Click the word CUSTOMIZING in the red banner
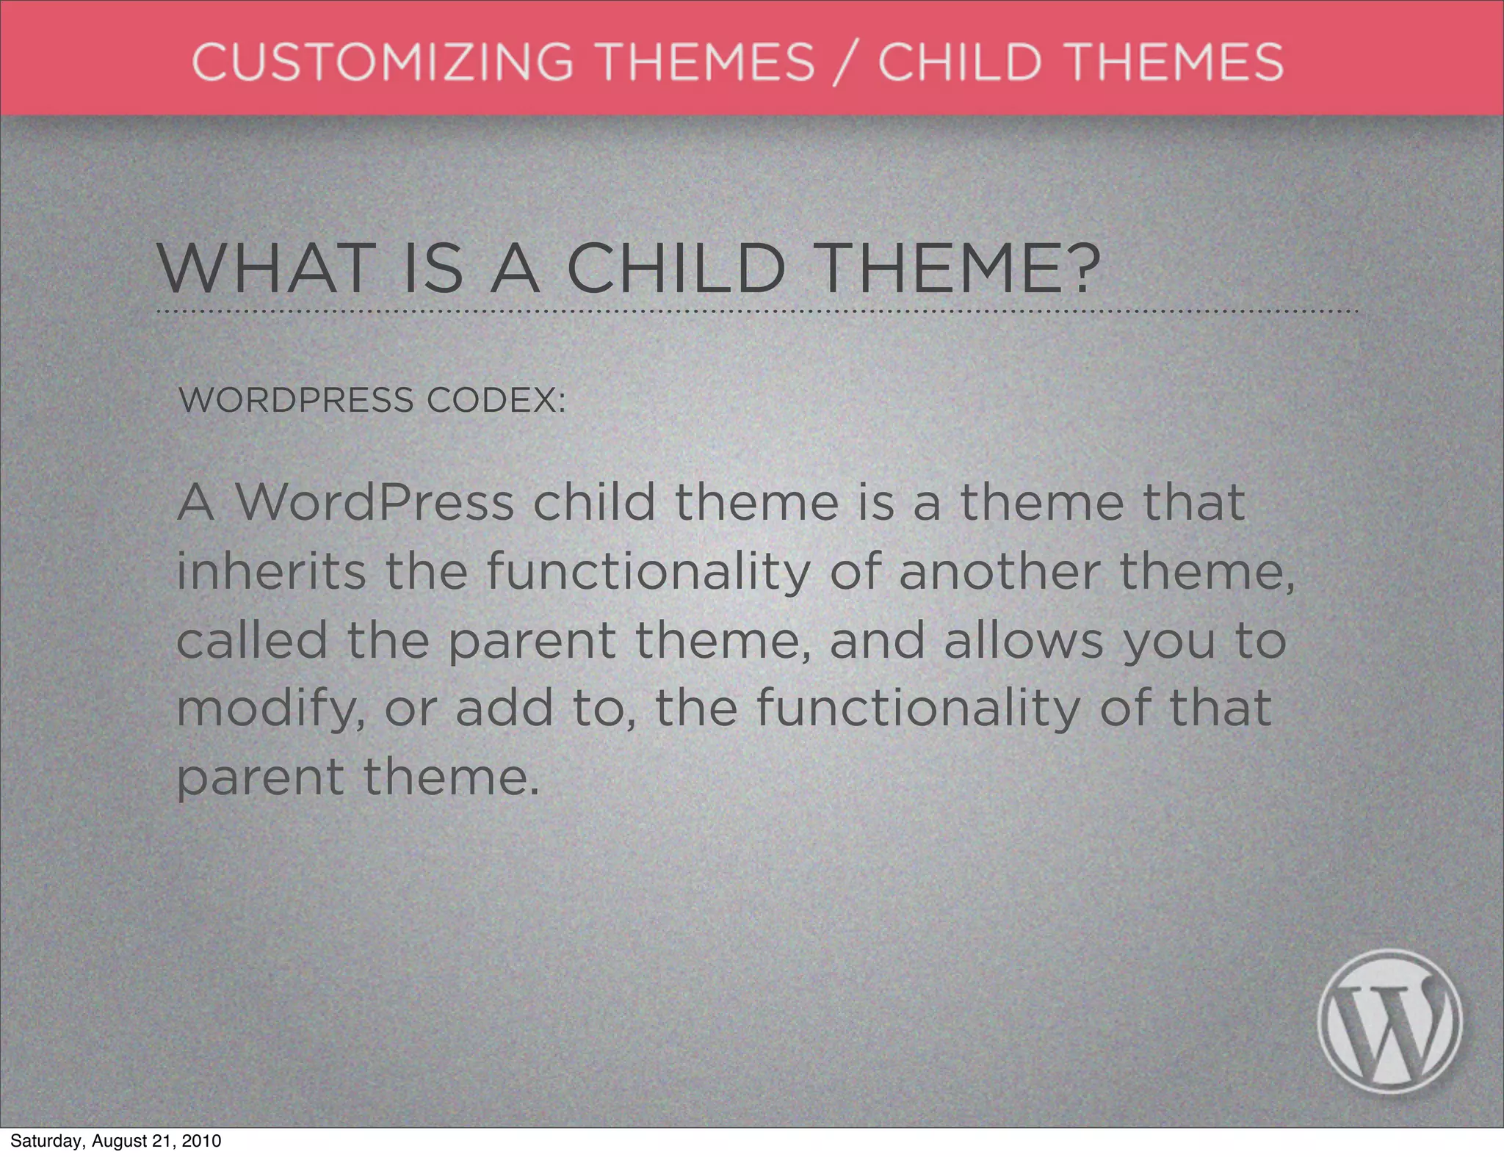click(x=381, y=61)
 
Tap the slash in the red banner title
click(x=847, y=62)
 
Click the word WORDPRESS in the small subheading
click(x=296, y=400)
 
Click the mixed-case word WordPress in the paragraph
click(x=375, y=503)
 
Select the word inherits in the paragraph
click(x=271, y=571)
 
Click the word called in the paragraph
click(x=251, y=640)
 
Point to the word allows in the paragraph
click(x=1023, y=640)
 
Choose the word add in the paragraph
click(x=504, y=708)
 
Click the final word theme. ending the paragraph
click(x=451, y=777)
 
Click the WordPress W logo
click(x=1389, y=1021)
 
